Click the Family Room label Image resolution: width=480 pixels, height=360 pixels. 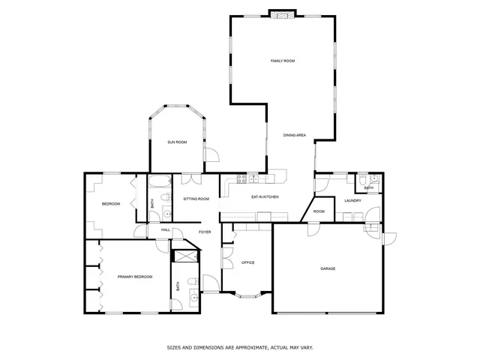click(x=282, y=60)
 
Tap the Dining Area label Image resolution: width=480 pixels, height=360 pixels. click(x=294, y=135)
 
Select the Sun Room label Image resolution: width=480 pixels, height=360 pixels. click(x=177, y=142)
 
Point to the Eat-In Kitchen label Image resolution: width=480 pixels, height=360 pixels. click(x=265, y=196)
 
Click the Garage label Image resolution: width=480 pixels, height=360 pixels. click(x=328, y=268)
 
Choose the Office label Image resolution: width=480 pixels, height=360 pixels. click(x=247, y=262)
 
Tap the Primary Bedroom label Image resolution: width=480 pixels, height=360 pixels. click(x=135, y=277)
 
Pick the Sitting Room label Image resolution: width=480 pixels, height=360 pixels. click(x=196, y=199)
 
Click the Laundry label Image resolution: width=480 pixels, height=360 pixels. click(x=353, y=201)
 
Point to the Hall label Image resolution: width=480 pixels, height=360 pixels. click(x=165, y=229)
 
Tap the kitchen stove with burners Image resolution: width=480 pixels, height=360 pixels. click(x=242, y=178)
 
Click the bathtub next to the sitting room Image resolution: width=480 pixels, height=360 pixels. click(x=160, y=181)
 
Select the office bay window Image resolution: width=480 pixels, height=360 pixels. click(x=247, y=295)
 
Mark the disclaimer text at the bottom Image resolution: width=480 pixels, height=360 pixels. click(x=239, y=348)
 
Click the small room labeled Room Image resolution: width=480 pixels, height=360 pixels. click(x=319, y=211)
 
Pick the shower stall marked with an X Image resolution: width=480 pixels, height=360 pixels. click(x=184, y=256)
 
